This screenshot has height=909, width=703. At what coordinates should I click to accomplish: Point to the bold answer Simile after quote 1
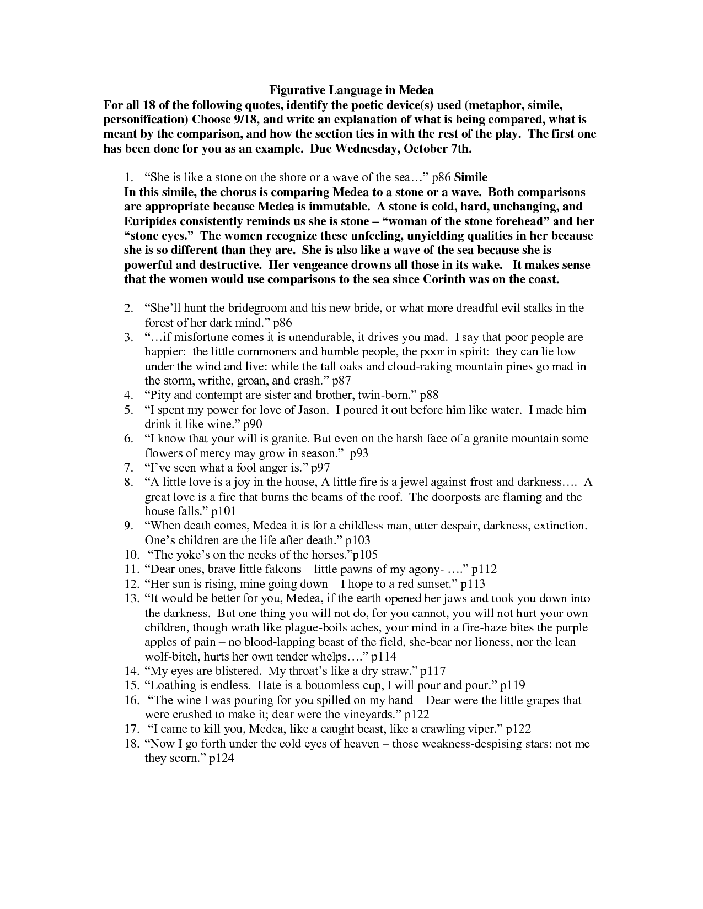pyautogui.click(x=470, y=177)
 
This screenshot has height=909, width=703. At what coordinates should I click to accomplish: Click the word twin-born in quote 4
pyautogui.click(x=386, y=395)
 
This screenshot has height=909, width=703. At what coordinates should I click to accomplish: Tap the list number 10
pyautogui.click(x=131, y=555)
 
